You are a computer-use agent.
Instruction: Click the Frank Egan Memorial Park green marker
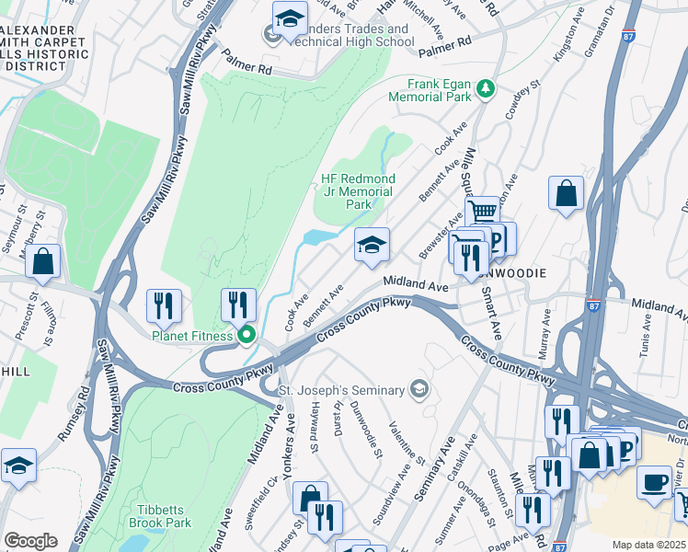pos(485,90)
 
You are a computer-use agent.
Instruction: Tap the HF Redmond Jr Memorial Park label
pos(358,191)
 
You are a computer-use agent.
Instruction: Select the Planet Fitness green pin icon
pos(247,336)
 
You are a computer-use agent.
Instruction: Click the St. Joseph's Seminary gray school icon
pos(420,388)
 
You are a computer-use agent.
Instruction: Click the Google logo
pos(30,541)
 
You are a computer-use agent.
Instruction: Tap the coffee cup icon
pos(654,482)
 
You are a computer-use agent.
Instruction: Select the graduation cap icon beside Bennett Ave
pos(372,246)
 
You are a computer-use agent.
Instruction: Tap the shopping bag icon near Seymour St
pos(43,261)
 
